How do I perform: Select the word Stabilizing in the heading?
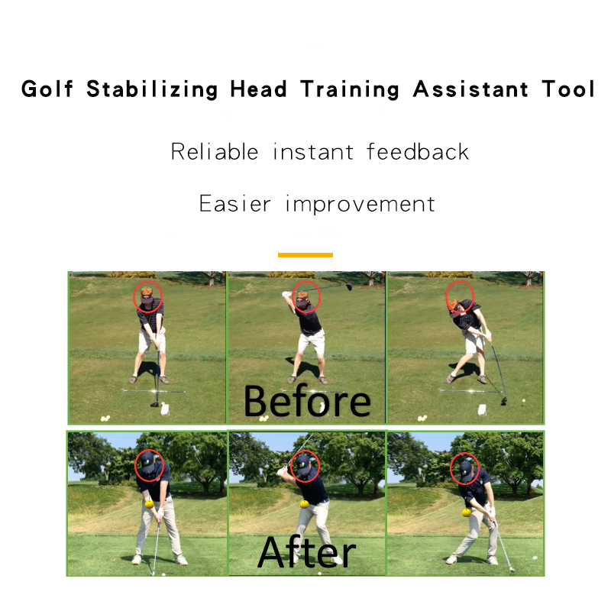(153, 89)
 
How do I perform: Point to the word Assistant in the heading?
(470, 89)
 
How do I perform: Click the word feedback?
(418, 151)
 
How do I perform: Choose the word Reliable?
(215, 151)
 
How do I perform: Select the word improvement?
(360, 205)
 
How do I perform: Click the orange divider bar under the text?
(305, 254)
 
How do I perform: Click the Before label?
(307, 401)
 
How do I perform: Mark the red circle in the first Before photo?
(148, 296)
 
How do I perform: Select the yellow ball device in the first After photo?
(149, 503)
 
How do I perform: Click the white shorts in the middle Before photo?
(311, 342)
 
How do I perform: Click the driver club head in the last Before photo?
(503, 399)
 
